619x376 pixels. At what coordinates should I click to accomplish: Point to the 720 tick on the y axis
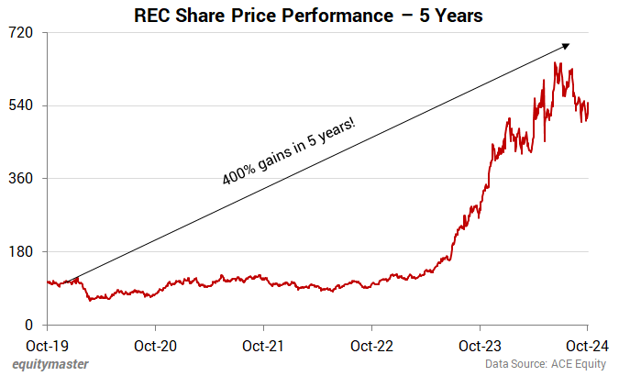click(x=21, y=32)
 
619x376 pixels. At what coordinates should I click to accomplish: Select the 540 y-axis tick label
click(x=21, y=105)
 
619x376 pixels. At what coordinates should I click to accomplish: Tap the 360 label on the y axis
click(x=21, y=179)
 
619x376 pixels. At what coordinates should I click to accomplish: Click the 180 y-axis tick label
click(x=21, y=252)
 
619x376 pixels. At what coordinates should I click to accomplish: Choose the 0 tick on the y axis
click(x=29, y=326)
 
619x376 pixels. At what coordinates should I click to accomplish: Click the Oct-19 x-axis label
click(x=47, y=347)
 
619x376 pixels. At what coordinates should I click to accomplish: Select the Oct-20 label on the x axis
click(x=155, y=347)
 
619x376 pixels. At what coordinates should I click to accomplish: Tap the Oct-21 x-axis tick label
click(x=263, y=347)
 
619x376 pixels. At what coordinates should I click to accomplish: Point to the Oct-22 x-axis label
click(x=371, y=347)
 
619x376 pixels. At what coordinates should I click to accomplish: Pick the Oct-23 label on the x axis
click(x=480, y=347)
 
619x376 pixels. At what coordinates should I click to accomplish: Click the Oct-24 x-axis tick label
click(x=587, y=347)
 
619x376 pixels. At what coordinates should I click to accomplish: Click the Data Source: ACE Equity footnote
click(x=547, y=365)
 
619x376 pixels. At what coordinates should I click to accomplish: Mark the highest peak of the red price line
click(x=556, y=63)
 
